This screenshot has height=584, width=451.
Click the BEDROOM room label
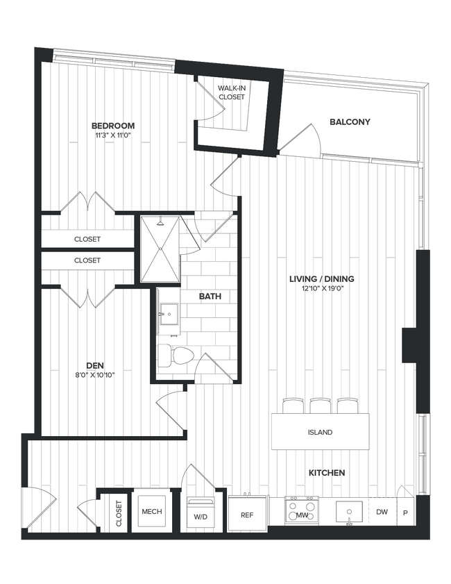(112, 126)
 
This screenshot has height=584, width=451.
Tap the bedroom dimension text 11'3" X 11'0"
(112, 136)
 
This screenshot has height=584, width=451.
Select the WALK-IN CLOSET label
(231, 92)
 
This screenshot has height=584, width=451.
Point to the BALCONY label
(350, 122)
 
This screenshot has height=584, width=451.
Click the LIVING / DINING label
(317, 279)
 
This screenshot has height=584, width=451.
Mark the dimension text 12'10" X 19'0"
(317, 289)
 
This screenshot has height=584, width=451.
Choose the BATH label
(210, 297)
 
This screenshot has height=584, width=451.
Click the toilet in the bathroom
(173, 356)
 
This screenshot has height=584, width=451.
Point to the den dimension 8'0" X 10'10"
(95, 374)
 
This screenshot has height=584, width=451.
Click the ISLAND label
(320, 432)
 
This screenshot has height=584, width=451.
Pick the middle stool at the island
(320, 406)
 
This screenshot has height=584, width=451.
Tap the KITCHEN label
(327, 473)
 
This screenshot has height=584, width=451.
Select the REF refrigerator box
(246, 515)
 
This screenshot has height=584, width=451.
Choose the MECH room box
(151, 512)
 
